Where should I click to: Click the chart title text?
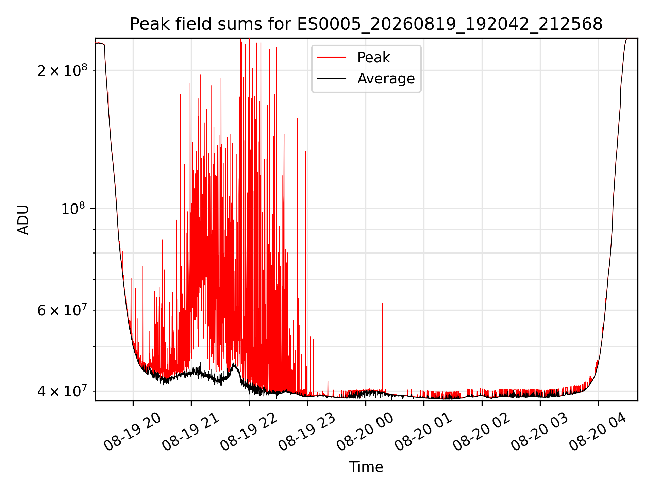point(366,24)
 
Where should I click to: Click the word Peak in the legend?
point(373,58)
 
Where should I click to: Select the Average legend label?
point(386,79)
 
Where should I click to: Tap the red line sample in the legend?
point(332,58)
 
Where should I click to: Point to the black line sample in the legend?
point(332,79)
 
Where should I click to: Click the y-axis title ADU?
point(23,220)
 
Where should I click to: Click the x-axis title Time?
point(366,467)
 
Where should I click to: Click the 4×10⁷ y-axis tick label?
point(62,391)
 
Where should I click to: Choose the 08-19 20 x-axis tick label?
point(132,432)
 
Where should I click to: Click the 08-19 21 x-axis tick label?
point(190,432)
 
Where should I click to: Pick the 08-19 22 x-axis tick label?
point(249,432)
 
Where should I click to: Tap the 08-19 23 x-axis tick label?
point(307,432)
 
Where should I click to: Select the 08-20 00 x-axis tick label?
point(365,432)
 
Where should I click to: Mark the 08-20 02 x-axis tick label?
point(481,432)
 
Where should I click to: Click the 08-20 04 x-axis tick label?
point(598,432)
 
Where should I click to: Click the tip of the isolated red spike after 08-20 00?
point(382,303)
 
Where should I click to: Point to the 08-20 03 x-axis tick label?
point(539,432)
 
